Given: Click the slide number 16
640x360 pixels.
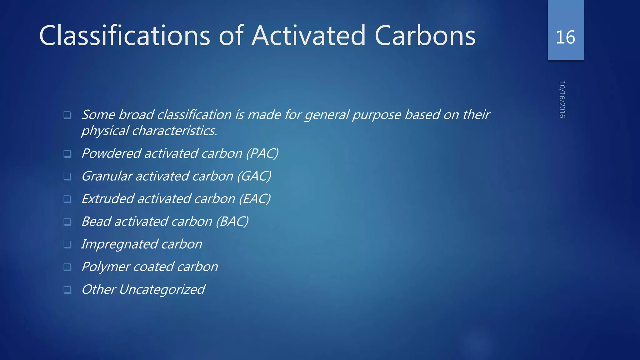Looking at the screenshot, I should tap(565, 37).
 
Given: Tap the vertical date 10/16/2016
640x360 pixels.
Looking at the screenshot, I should tap(562, 99).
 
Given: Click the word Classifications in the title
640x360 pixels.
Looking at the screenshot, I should tap(124, 36).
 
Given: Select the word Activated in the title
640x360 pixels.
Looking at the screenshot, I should tap(309, 36).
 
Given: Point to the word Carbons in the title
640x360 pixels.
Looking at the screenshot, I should tap(425, 36).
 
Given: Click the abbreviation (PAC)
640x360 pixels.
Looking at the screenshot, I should tap(262, 153).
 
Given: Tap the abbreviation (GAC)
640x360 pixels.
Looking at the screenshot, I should tap(254, 176).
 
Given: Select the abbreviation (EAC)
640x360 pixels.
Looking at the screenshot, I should tap(255, 199).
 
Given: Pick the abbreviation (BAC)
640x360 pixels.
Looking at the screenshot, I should tap(232, 222).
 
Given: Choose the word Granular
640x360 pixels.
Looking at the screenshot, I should tap(107, 176).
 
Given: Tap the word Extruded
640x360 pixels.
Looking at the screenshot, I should tap(107, 199).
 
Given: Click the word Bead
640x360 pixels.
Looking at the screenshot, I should tap(96, 222).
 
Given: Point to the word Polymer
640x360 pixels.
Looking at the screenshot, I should tap(106, 267).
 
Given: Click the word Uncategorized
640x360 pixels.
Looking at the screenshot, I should tap(162, 290).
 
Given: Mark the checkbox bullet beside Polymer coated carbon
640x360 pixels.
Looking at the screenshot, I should tap(67, 267).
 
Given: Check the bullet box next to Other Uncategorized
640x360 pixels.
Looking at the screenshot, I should tap(67, 290).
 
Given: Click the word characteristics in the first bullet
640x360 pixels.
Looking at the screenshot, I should tap(174, 131).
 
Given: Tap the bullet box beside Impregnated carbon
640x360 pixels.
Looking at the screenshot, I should tap(67, 244).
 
